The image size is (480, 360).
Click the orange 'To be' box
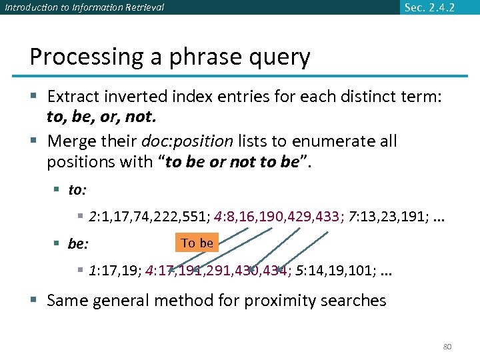pyautogui.click(x=197, y=243)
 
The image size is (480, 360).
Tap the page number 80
pyautogui.click(x=447, y=347)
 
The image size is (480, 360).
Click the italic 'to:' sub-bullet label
pyautogui.click(x=77, y=191)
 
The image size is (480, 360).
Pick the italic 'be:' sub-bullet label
pyautogui.click(x=78, y=244)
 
